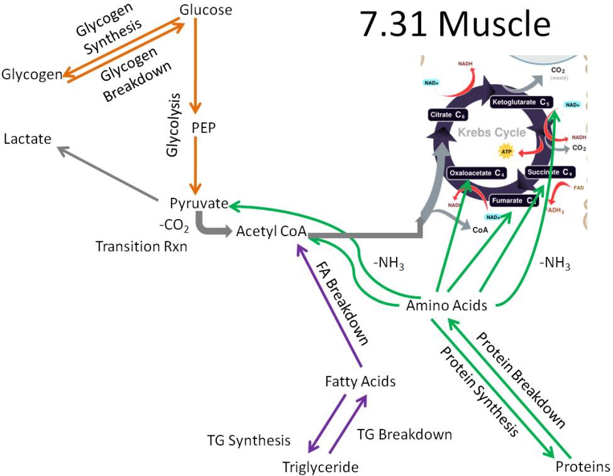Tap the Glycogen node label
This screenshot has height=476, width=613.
tap(31, 75)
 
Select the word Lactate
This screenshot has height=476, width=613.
tap(27, 139)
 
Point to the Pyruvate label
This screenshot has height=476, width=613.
tap(199, 203)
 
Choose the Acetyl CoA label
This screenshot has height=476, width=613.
tap(271, 232)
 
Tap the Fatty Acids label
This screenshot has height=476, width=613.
tap(360, 381)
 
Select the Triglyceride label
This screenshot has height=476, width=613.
tap(320, 467)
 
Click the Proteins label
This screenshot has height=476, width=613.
tap(583, 467)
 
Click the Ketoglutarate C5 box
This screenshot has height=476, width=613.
tap(519, 101)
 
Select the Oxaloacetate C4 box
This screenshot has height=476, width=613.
tap(477, 173)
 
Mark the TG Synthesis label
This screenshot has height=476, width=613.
tap(249, 440)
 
